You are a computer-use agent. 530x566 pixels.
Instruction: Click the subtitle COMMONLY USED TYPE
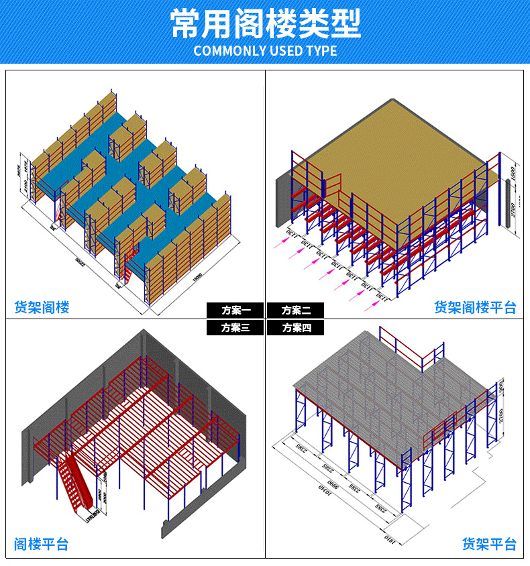tap(265, 51)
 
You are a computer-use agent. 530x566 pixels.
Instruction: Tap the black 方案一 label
tap(235, 310)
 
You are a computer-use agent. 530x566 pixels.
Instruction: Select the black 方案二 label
tap(295, 310)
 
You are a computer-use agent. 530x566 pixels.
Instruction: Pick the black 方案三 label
tap(235, 327)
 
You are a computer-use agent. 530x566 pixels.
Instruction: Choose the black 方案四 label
tap(295, 327)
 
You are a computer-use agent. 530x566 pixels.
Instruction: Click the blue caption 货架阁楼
tap(42, 308)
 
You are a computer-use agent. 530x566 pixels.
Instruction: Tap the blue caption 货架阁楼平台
tap(475, 308)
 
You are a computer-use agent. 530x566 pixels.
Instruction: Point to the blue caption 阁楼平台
tap(41, 544)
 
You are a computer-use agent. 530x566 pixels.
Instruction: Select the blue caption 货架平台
tap(489, 544)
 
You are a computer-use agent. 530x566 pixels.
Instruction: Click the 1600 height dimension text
tap(512, 172)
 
